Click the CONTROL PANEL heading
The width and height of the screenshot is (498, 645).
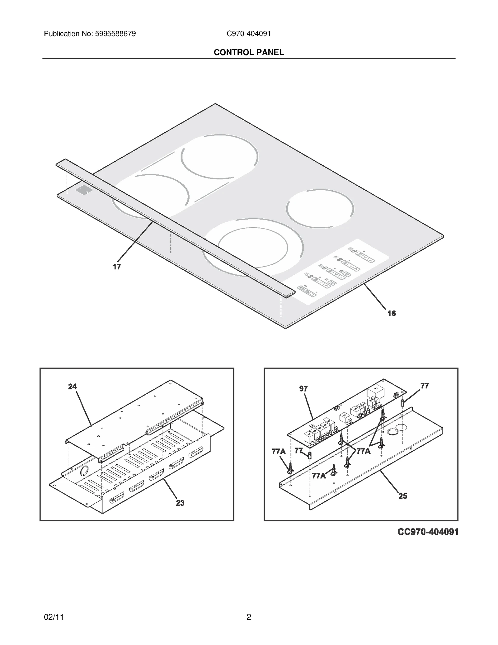[x=249, y=52]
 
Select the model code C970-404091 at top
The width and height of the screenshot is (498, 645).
[x=249, y=34]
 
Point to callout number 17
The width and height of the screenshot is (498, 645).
[x=117, y=267]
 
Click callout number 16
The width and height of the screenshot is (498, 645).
[x=392, y=313]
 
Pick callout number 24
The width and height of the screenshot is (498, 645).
[x=72, y=387]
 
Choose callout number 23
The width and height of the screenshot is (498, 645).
[x=180, y=503]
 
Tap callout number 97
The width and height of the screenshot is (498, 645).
[x=303, y=389]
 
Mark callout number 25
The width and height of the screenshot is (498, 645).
[x=403, y=496]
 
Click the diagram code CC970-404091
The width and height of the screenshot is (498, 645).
[x=428, y=532]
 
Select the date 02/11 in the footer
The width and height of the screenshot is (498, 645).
[x=54, y=617]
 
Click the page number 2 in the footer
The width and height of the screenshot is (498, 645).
[x=249, y=617]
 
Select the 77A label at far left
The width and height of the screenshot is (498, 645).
[x=279, y=452]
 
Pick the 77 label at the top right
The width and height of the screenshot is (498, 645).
[x=425, y=386]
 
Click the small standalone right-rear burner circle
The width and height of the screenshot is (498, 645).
[x=320, y=208]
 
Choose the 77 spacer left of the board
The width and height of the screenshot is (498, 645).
[x=310, y=455]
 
